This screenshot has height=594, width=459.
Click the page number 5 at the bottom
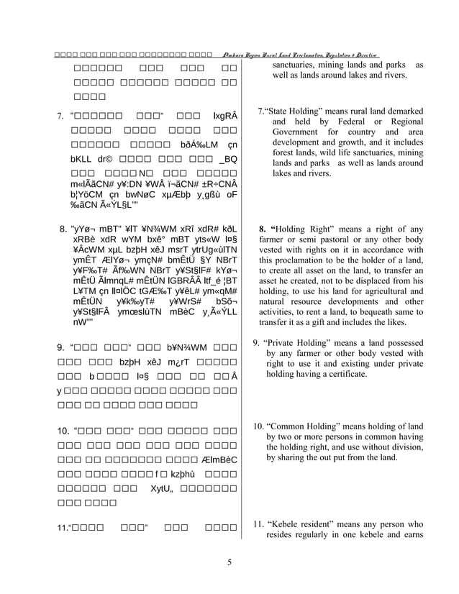(x=229, y=562)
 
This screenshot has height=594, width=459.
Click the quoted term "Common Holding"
(x=301, y=426)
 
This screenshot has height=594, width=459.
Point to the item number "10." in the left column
(x=62, y=431)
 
